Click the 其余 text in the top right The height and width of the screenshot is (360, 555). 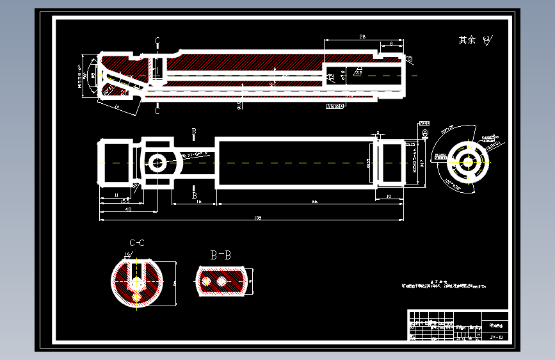467,40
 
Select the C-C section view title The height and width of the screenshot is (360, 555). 136,243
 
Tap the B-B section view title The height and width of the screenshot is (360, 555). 221,255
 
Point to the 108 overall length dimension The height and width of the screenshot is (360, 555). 257,218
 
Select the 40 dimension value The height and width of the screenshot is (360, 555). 128,209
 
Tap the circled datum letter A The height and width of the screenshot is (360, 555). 424,133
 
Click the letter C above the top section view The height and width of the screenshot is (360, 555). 157,40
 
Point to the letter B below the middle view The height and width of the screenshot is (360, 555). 195,195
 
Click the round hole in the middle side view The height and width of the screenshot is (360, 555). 157,163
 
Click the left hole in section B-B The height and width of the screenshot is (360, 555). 206,281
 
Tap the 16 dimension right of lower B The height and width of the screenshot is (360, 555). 199,202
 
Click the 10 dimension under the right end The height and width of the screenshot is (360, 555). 390,197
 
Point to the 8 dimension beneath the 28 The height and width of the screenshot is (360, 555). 391,44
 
